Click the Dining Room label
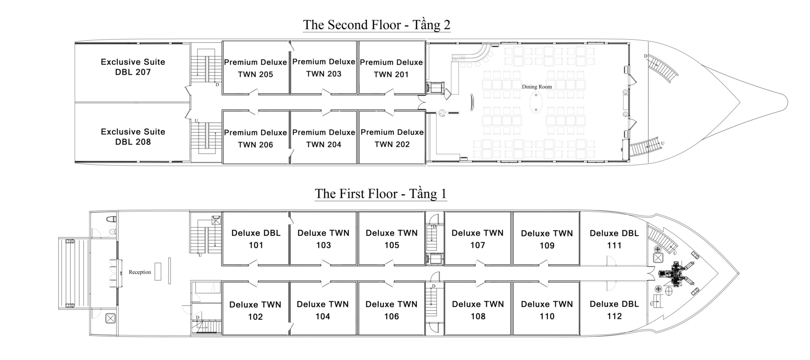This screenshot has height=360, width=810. pyautogui.click(x=536, y=87)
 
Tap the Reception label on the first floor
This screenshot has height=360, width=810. pyautogui.click(x=140, y=272)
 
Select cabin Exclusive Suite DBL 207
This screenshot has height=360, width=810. pyautogui.click(x=133, y=67)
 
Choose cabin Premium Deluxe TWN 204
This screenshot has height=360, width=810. pyautogui.click(x=324, y=138)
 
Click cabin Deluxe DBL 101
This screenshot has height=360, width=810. pyautogui.click(x=256, y=239)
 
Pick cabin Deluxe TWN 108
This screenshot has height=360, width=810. pyautogui.click(x=478, y=310)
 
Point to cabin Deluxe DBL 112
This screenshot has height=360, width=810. pyautogui.click(x=614, y=310)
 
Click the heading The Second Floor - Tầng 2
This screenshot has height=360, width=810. pyautogui.click(x=377, y=25)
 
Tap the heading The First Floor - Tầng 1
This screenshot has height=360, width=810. pyautogui.click(x=380, y=193)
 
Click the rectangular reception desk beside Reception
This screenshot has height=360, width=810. pyautogui.click(x=158, y=271)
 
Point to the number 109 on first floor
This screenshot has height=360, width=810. pyautogui.click(x=547, y=246)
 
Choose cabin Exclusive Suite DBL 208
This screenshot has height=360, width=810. pyautogui.click(x=133, y=137)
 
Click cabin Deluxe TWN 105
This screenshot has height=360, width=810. pyautogui.click(x=392, y=239)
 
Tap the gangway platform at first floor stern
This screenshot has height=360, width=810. pyautogui.click(x=74, y=273)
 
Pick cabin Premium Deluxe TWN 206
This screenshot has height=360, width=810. pyautogui.click(x=255, y=138)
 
